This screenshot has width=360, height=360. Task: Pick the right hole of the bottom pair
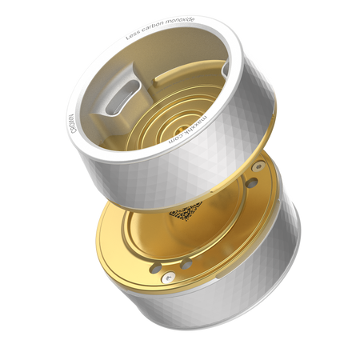(186, 263)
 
